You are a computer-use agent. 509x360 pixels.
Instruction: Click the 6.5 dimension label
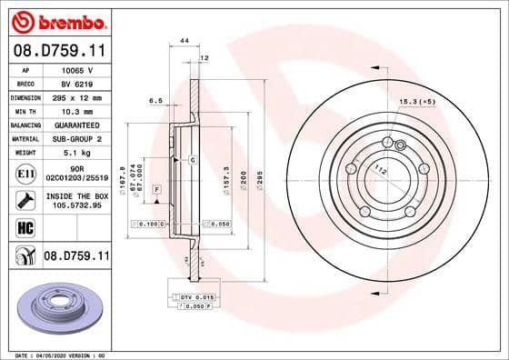(155, 101)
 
